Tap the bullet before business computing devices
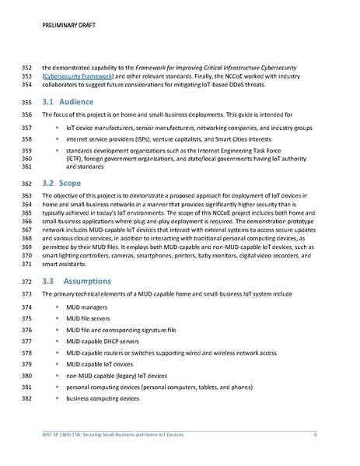[x=58, y=398]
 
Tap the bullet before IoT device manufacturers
[x=58, y=126]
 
